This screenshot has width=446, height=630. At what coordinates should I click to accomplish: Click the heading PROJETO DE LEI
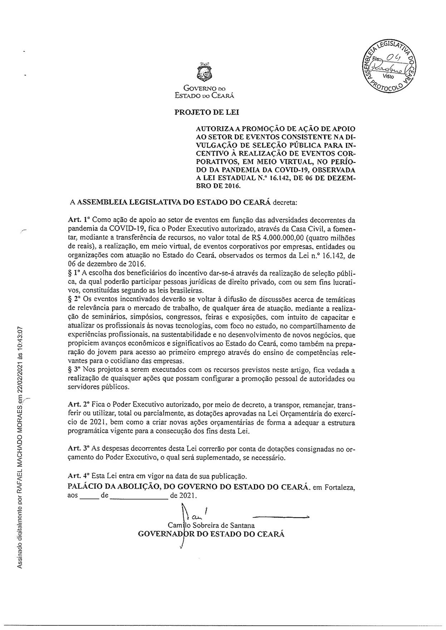tap(206, 112)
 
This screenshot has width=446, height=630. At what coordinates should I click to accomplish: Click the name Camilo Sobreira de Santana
tap(211, 525)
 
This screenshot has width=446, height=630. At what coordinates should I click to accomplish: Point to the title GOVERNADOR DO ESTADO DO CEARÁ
tap(211, 534)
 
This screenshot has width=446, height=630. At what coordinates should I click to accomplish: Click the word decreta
tap(285, 202)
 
